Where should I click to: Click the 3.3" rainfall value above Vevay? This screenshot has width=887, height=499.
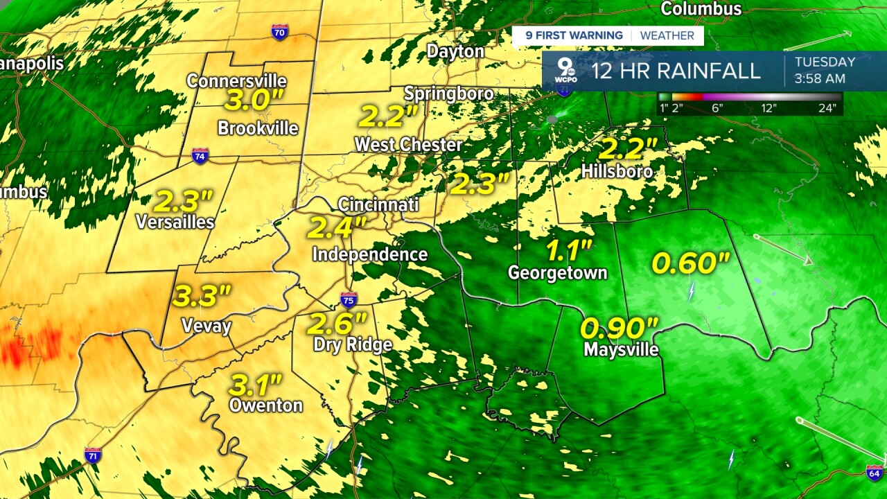point(201,296)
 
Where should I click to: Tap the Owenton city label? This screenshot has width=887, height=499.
point(265,405)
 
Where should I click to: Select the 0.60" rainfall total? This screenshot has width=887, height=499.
point(691,263)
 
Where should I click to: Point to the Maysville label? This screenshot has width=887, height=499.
point(621,349)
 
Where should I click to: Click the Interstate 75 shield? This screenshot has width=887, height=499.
point(349,300)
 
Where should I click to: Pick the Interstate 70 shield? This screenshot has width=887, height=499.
point(280,32)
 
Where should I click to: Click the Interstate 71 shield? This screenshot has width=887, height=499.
point(93,455)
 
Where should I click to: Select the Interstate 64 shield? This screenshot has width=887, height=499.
point(875,473)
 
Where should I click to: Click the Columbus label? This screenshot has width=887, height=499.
point(701,9)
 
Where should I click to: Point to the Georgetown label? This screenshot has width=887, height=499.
point(557,272)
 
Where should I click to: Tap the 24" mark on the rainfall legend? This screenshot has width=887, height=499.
point(829,107)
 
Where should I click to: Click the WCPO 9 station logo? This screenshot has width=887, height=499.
point(566,71)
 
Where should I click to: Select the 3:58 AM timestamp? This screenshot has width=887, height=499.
point(820,78)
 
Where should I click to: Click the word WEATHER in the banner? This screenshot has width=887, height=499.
point(667,35)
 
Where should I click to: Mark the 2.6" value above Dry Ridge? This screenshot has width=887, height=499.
point(337,323)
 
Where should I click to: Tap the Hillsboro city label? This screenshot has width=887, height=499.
point(617,170)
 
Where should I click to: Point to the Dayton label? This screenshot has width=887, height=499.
point(455,51)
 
